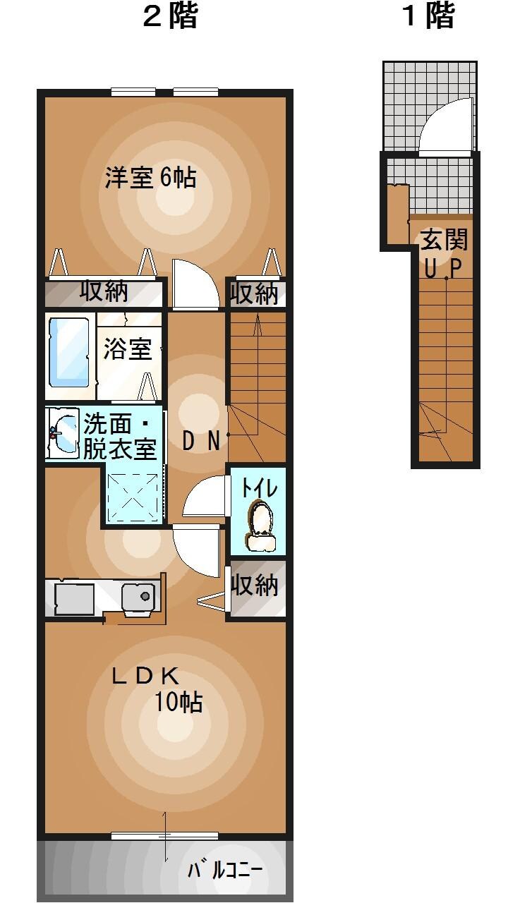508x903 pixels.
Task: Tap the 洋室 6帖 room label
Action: (x=150, y=177)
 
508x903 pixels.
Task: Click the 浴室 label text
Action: (x=128, y=349)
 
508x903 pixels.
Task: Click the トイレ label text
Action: (x=259, y=487)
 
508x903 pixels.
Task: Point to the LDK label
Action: (x=145, y=676)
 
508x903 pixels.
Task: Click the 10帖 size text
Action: (x=179, y=702)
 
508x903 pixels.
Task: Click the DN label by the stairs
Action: (x=201, y=441)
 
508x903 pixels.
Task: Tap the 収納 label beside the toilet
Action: (x=255, y=585)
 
